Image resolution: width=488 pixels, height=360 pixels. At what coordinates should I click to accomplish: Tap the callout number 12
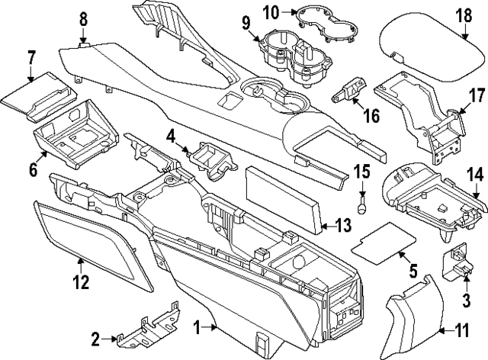81,283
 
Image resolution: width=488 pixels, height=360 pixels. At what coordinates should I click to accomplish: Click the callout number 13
345,224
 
